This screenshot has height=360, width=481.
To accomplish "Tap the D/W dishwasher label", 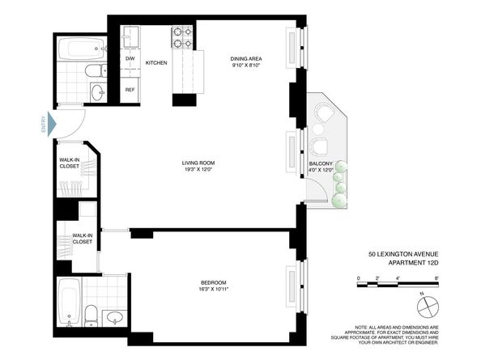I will tap(130, 59).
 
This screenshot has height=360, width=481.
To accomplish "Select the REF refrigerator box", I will tap(130, 89).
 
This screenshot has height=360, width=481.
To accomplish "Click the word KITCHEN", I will tap(156, 62).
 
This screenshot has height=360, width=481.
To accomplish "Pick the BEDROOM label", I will tap(214, 282).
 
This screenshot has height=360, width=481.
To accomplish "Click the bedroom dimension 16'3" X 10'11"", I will tap(214, 289).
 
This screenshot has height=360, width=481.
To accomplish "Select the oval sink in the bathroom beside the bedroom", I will tap(116, 316).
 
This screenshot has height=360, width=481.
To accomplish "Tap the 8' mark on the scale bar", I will tap(436, 277).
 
